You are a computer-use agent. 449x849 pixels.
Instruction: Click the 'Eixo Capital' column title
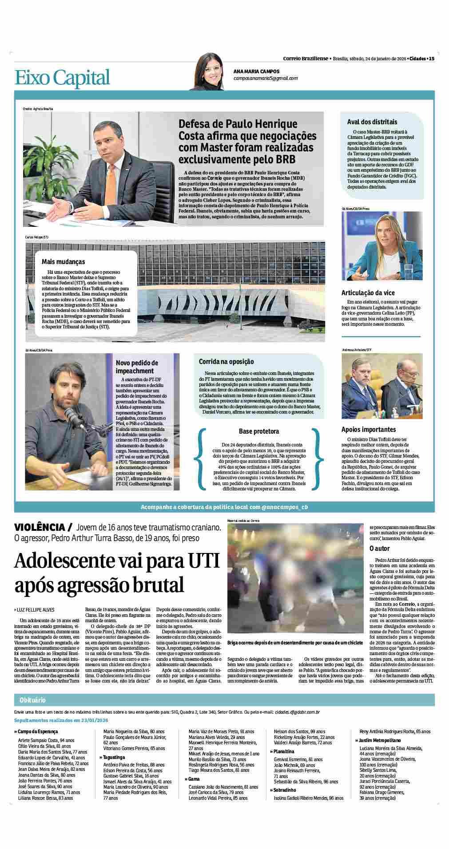[x=62, y=78]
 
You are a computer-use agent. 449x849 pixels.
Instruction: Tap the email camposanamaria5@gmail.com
[x=265, y=78]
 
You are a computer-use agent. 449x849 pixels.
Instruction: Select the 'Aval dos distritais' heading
[x=372, y=122]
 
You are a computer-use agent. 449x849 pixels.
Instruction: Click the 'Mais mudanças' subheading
[x=63, y=262]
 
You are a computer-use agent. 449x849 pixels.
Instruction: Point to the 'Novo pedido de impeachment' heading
[x=137, y=367]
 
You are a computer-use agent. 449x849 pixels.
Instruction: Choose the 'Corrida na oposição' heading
[x=226, y=362]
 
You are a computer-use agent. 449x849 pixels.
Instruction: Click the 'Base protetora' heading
[x=258, y=431]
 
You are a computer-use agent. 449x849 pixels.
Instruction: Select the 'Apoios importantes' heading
[x=368, y=430]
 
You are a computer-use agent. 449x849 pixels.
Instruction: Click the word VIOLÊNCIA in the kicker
[x=40, y=528]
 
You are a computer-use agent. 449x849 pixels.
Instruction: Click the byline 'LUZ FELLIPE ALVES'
[x=36, y=610]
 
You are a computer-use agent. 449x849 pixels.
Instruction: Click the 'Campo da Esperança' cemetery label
[x=37, y=731]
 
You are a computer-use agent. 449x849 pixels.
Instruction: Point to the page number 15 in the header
[x=431, y=59]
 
